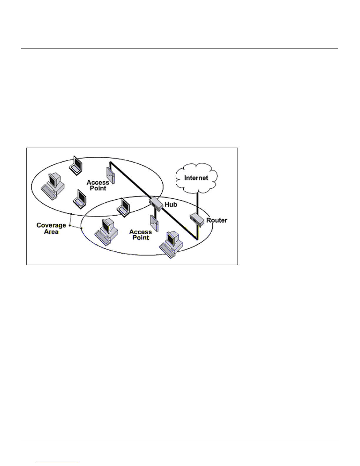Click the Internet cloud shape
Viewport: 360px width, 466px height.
click(197, 178)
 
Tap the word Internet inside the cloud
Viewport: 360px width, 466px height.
click(196, 178)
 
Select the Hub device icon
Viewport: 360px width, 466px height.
click(156, 204)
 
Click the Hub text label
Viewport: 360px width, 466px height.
click(171, 205)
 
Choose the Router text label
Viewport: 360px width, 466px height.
click(217, 220)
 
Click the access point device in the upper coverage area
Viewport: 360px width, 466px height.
click(110, 175)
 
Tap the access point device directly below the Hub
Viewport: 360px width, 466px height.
click(155, 223)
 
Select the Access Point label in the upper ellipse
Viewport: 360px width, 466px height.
click(98, 185)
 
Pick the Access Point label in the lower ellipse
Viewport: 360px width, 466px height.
click(140, 235)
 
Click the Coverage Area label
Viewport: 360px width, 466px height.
click(51, 228)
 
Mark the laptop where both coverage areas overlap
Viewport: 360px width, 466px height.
click(123, 207)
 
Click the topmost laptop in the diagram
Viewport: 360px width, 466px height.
click(76, 165)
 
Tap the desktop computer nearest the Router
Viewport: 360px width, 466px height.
click(171, 245)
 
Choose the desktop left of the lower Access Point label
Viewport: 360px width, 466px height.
click(106, 232)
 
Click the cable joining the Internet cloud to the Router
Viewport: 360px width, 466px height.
click(197, 203)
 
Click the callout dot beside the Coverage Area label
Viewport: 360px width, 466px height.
click(70, 226)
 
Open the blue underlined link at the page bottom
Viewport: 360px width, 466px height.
click(58, 463)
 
